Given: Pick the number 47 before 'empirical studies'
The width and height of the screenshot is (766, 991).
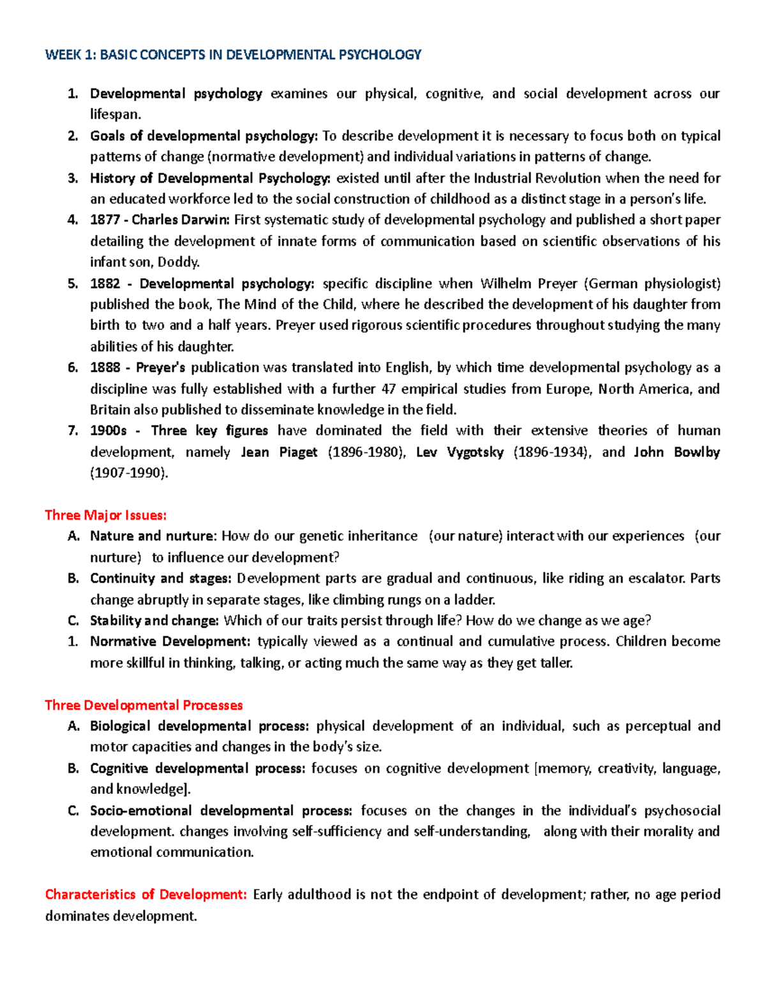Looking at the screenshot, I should [388, 389].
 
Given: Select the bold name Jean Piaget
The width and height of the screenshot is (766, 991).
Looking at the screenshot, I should [279, 452].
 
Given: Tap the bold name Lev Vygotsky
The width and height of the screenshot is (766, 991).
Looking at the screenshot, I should [460, 452].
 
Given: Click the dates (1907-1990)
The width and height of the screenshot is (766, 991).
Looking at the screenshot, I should [130, 473].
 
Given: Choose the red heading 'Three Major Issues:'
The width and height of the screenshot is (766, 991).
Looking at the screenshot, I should [106, 515].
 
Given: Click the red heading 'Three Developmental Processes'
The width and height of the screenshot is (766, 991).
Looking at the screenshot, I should [144, 705].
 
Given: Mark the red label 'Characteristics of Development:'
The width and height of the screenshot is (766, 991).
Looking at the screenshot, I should [146, 895].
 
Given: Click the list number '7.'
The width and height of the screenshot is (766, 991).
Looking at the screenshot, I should [73, 431].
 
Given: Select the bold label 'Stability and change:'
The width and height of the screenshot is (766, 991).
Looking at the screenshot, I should [154, 621].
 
